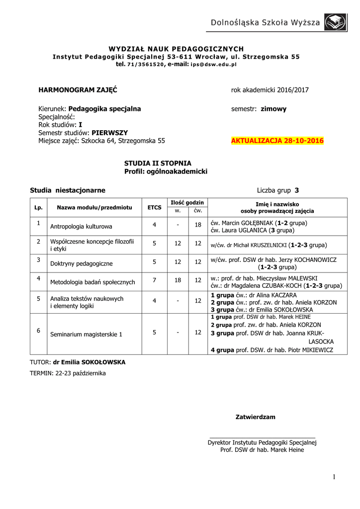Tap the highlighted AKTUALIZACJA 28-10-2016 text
coord(277,141)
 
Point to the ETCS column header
coord(155,207)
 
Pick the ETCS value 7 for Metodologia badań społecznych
coord(155,280)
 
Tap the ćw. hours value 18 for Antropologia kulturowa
coord(197,225)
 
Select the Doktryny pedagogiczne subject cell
coord(82,262)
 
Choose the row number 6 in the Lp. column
coord(38,331)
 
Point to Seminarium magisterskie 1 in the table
coord(86,334)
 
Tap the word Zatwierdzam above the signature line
coord(255,417)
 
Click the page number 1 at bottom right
coord(335,477)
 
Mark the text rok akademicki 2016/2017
coord(270,90)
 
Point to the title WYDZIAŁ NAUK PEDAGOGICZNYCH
coord(177,49)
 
